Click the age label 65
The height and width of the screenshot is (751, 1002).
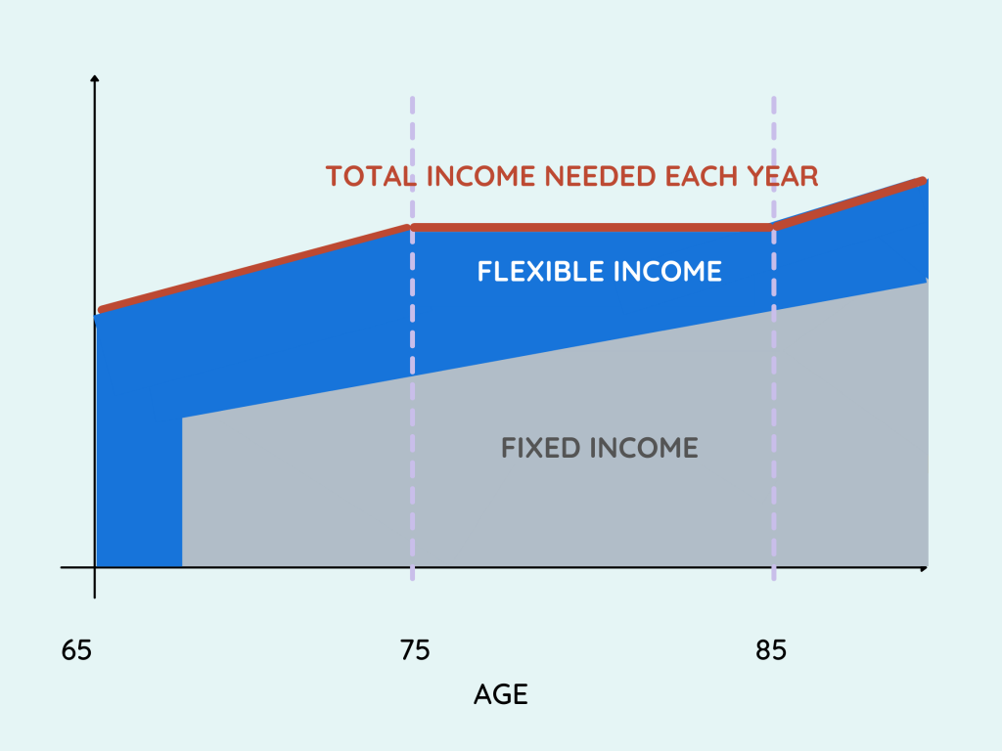(x=76, y=650)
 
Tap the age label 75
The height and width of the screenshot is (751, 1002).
(x=415, y=650)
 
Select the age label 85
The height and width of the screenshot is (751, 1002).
(x=771, y=650)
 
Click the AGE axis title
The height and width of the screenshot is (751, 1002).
(x=501, y=694)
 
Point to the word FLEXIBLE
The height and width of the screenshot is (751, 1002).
(x=540, y=272)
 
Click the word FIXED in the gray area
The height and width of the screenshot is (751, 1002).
(x=541, y=448)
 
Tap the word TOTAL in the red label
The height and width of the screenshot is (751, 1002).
(x=371, y=176)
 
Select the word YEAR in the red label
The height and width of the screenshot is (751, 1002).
(x=783, y=176)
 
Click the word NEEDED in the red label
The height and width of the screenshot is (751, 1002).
(x=600, y=176)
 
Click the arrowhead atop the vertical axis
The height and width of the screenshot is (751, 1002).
(x=95, y=78)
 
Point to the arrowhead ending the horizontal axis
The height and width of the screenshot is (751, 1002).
(x=924, y=568)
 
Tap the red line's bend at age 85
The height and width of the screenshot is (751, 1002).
(x=773, y=227)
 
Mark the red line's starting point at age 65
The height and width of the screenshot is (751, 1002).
(x=101, y=310)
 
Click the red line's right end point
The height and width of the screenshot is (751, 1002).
(x=924, y=180)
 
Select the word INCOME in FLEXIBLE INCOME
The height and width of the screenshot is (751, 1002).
(x=667, y=272)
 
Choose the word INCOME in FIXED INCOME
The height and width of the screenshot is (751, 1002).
(x=644, y=448)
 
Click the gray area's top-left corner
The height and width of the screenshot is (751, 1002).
(x=183, y=419)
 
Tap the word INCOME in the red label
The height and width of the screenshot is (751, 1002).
(x=480, y=176)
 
